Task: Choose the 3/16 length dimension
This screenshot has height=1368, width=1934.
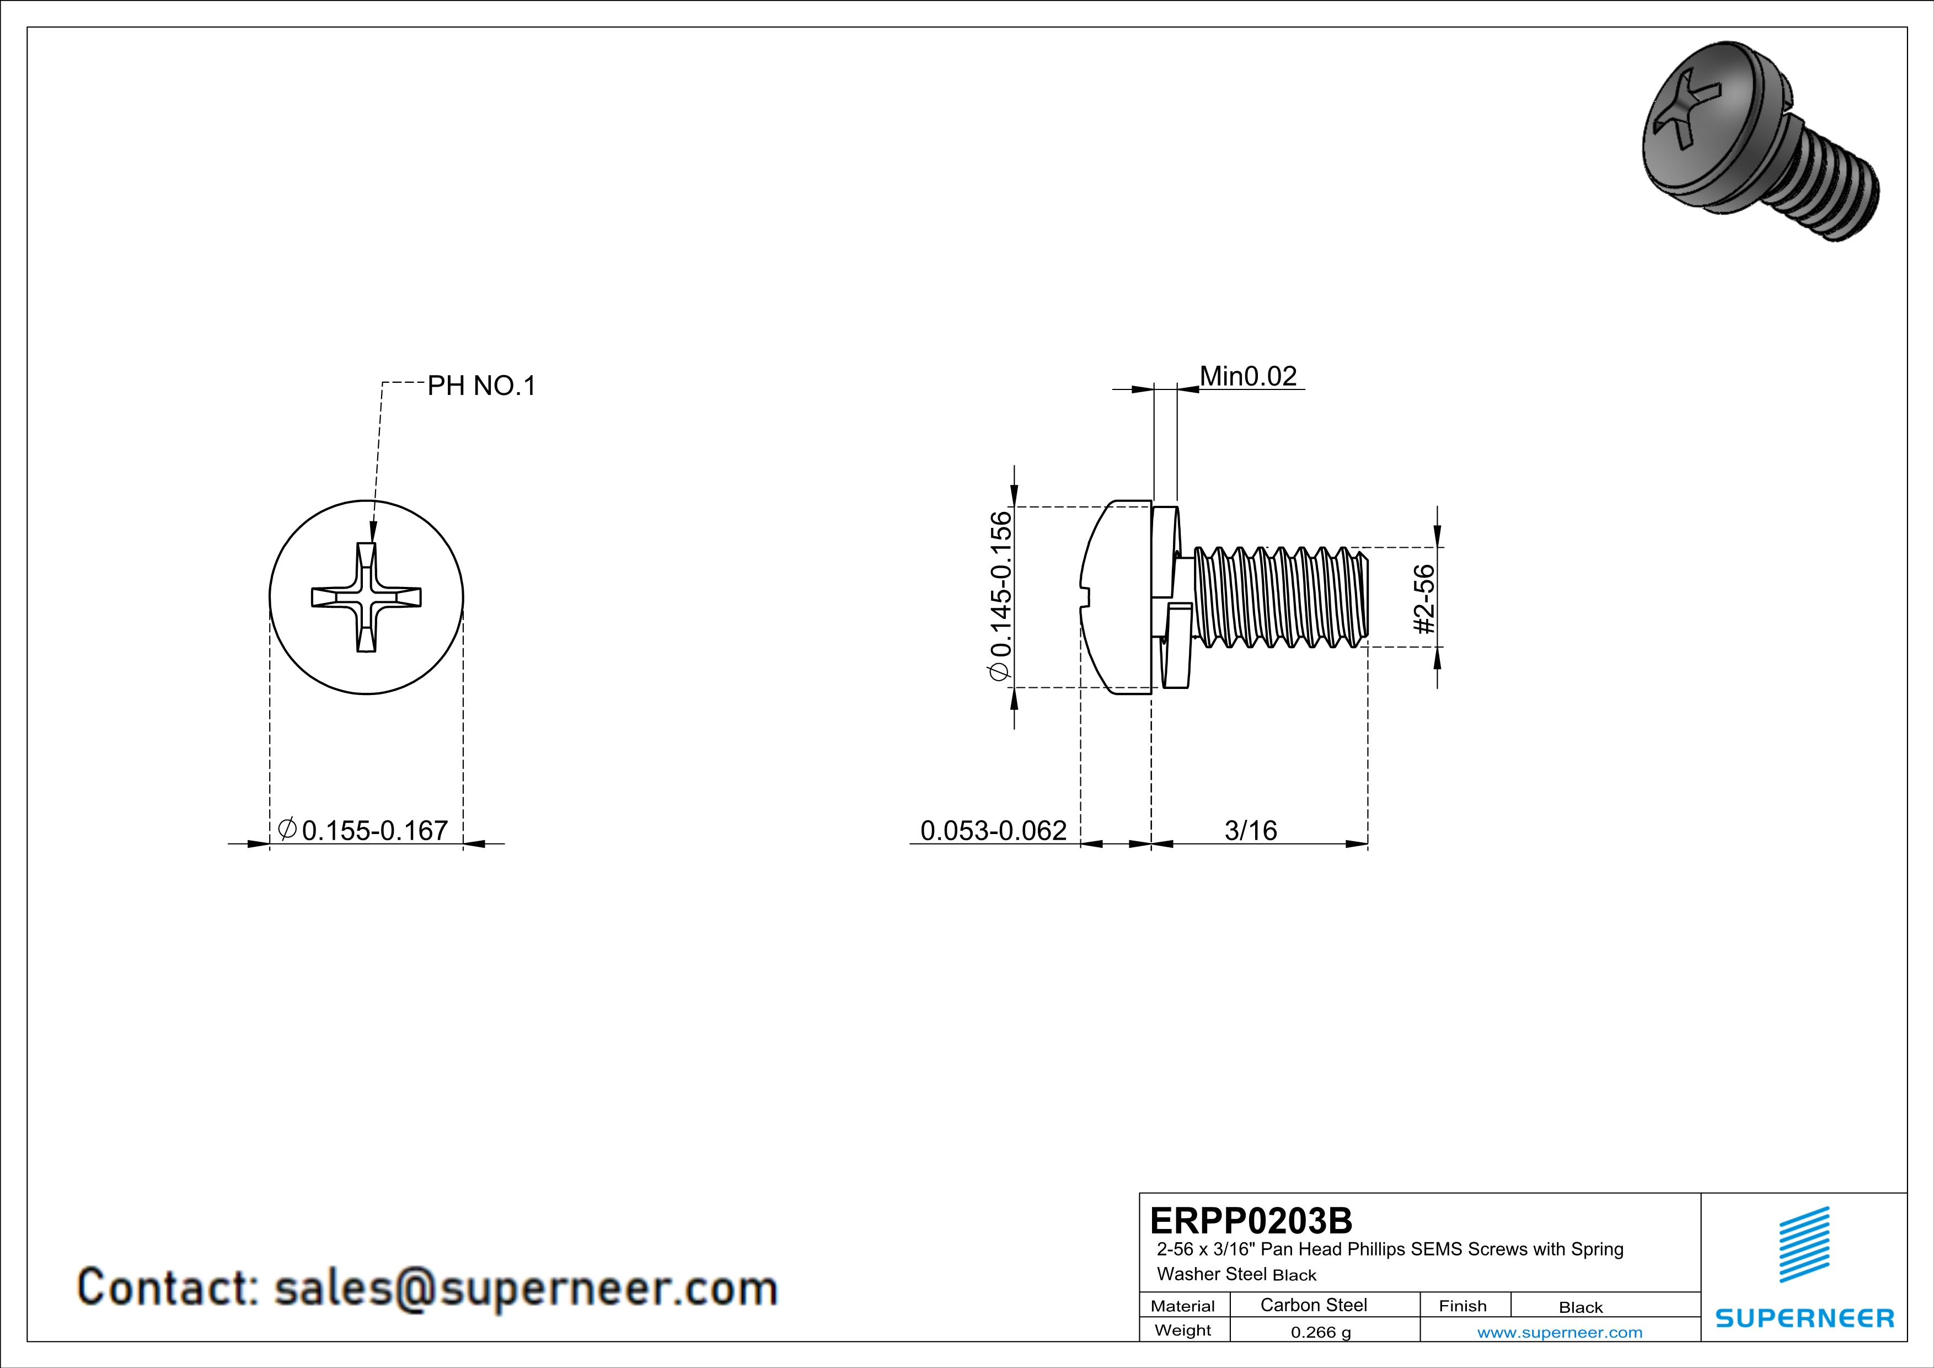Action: pos(1250,831)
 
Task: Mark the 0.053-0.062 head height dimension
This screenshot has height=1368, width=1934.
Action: pos(993,831)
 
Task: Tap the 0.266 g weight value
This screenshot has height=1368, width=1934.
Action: pos(1321,1332)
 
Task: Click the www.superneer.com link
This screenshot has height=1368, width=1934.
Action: pos(1559,1332)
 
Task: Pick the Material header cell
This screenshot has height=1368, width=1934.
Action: pos(1183,1306)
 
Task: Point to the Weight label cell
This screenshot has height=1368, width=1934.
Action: pos(1183,1330)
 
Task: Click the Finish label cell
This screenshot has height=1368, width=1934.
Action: pos(1462,1306)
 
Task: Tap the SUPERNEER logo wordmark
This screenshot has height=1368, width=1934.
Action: pos(1804,1318)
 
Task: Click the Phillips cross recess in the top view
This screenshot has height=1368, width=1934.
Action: pos(366,597)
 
